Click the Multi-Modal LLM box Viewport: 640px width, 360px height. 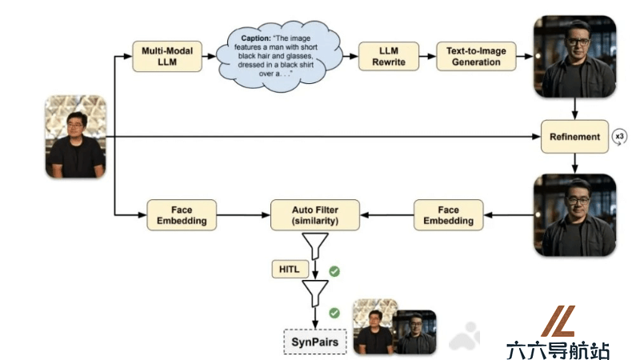pyautogui.click(x=167, y=56)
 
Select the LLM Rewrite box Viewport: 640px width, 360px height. pyautogui.click(x=389, y=56)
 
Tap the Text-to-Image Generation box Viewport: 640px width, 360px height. pyautogui.click(x=476, y=56)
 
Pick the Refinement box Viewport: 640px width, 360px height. pyautogui.click(x=574, y=137)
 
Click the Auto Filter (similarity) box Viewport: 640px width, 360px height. pyautogui.click(x=315, y=215)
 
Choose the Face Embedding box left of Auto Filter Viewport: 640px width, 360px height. pyautogui.click(x=182, y=215)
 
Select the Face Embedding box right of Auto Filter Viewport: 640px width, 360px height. pyautogui.click(x=449, y=215)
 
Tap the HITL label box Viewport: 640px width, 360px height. pyautogui.click(x=290, y=270)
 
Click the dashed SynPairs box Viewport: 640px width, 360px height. pyautogui.click(x=315, y=342)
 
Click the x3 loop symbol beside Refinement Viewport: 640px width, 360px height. pyautogui.click(x=619, y=137)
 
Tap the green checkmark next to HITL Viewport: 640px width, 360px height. pyautogui.click(x=334, y=271)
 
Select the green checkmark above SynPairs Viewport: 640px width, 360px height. pyautogui.click(x=334, y=313)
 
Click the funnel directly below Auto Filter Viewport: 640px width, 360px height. pyautogui.click(x=315, y=246)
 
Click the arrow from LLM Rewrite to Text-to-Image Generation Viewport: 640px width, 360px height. pyautogui.click(x=427, y=56)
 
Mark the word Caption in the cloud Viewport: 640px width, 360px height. pyautogui.click(x=256, y=38)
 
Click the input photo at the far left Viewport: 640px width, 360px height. pyautogui.click(x=75, y=137)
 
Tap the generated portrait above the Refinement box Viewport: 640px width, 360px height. pyautogui.click(x=574, y=56)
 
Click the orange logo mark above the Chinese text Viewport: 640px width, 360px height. pyautogui.click(x=558, y=322)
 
